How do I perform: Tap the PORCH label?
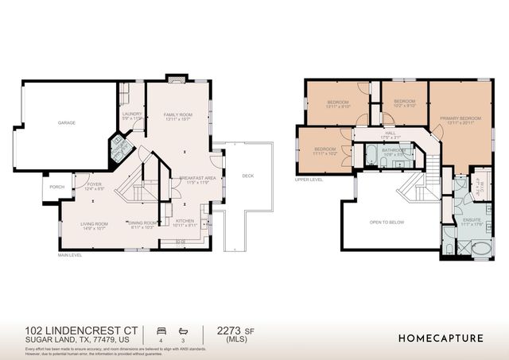[x=56, y=188]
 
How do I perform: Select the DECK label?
[x=247, y=176]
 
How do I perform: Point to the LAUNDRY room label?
[x=132, y=114]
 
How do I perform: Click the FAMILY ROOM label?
[x=178, y=115]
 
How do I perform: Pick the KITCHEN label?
[x=185, y=221]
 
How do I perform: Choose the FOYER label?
[x=94, y=184]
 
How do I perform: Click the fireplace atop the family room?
[x=175, y=79]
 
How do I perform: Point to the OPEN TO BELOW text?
[x=387, y=222]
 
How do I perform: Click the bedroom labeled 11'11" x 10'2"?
[x=325, y=150]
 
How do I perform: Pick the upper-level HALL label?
[x=390, y=134]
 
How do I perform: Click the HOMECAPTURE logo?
[x=440, y=338]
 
